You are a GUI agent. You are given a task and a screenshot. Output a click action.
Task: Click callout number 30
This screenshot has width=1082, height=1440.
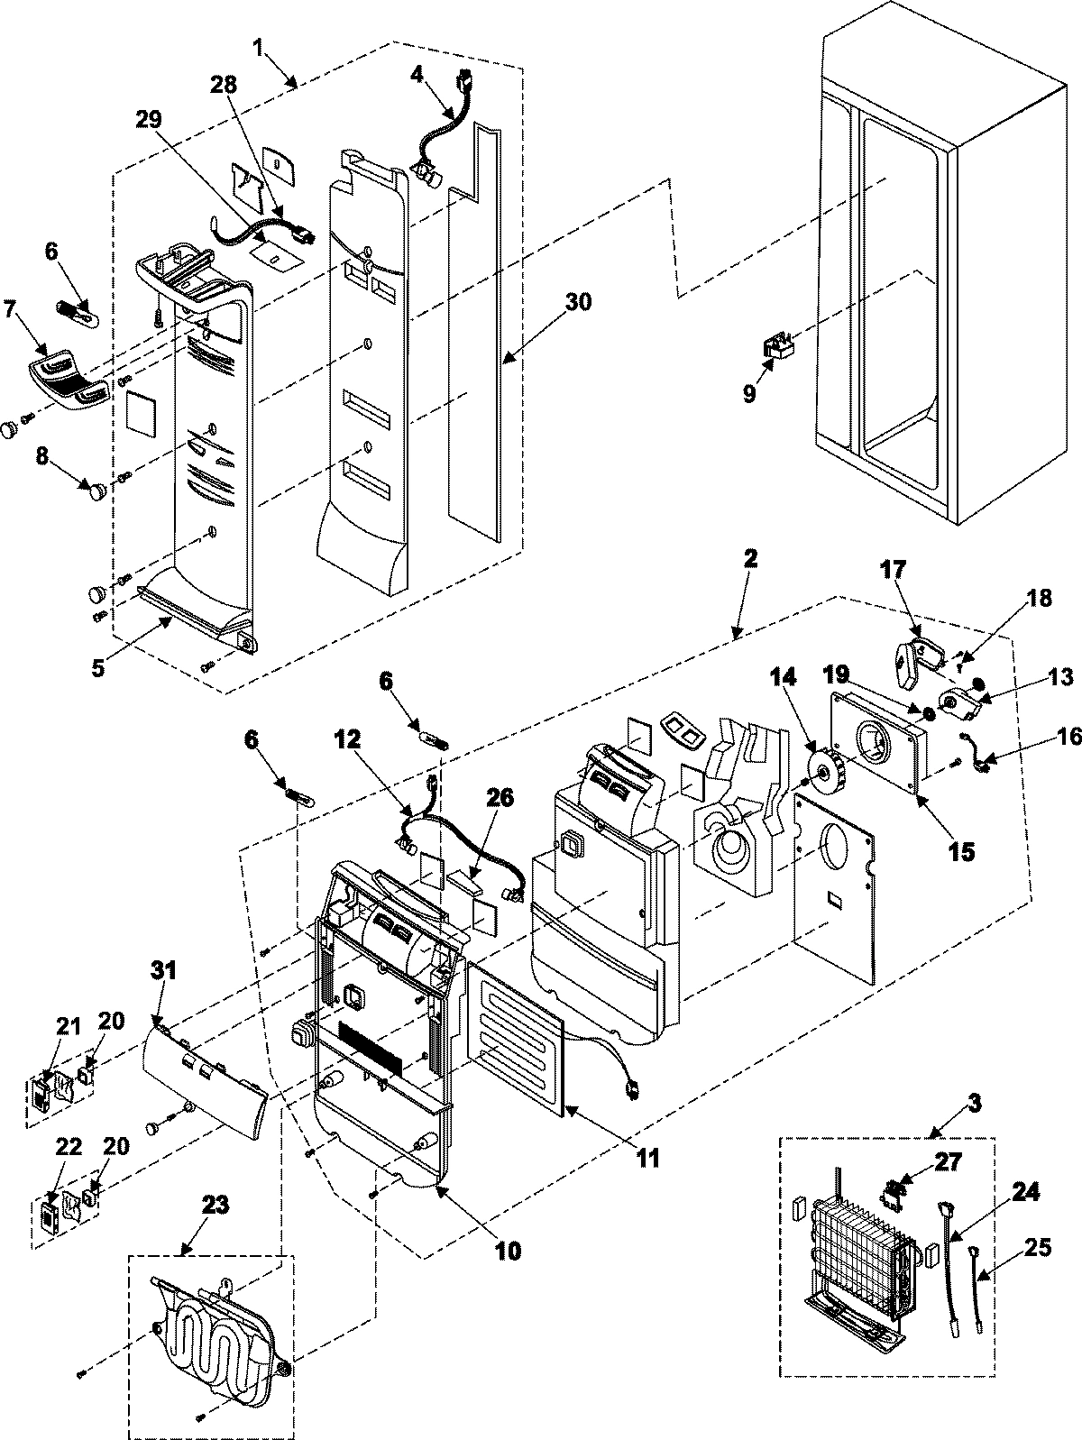[x=578, y=302]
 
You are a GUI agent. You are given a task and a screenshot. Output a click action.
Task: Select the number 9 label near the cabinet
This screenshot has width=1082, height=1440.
[x=749, y=394]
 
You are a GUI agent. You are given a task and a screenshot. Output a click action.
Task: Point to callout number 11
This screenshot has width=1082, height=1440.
[x=646, y=1157]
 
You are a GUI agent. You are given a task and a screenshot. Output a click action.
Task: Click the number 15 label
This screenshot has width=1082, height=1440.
[x=960, y=850]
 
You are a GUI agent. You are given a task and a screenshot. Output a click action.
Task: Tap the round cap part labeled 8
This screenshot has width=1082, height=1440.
[x=94, y=490]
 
